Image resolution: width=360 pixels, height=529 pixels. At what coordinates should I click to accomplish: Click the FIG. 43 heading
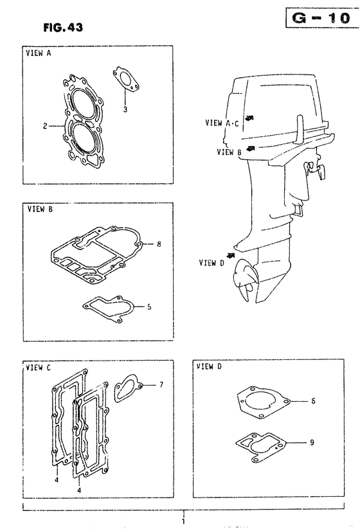[x=63, y=27]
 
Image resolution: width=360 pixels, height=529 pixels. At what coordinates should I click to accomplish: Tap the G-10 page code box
[x=322, y=17]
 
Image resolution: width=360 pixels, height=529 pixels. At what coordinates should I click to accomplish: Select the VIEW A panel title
[x=39, y=53]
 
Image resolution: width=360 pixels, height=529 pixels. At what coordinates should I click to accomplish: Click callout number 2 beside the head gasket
[x=45, y=127]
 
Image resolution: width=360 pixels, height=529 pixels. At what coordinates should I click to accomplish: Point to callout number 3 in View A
[x=125, y=109]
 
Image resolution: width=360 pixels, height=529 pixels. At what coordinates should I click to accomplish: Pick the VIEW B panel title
[x=40, y=209]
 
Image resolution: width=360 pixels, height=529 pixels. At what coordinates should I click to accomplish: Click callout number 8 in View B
[x=159, y=244]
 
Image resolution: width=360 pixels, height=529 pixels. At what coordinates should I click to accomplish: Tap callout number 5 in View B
[x=149, y=307]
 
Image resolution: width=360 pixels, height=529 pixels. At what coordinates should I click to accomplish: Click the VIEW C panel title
[x=38, y=368]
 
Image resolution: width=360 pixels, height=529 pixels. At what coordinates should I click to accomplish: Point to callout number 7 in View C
[x=161, y=384]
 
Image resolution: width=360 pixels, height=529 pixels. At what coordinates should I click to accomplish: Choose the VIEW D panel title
[x=209, y=366]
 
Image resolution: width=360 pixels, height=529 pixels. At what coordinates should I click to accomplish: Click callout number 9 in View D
[x=312, y=442]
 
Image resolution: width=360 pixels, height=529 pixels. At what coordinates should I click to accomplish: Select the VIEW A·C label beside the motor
[x=222, y=123]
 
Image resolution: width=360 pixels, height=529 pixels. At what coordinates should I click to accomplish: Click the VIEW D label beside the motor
[x=212, y=262]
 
